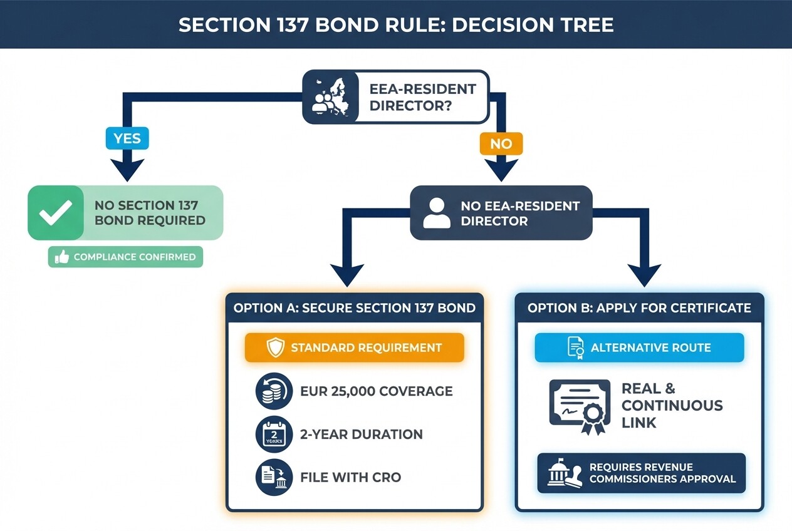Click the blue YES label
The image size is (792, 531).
128,138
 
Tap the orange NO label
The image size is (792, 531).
501,143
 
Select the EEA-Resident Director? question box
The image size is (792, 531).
395,97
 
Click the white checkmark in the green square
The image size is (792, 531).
56,213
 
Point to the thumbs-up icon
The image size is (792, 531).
61,257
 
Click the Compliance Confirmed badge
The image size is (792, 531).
126,257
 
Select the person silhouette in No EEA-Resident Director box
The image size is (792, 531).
437,213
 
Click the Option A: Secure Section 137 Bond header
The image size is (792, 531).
355,307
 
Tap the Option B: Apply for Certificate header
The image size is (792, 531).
639,307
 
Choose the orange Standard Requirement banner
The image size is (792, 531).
355,348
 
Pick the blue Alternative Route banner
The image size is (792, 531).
639,348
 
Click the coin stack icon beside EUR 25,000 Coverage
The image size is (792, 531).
274,391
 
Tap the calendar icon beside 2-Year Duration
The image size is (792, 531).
274,434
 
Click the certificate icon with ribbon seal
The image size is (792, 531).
580,405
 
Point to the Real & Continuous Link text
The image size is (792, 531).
672,405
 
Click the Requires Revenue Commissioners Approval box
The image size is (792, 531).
642,473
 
